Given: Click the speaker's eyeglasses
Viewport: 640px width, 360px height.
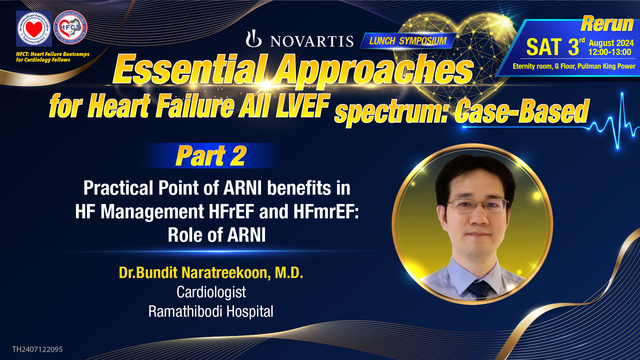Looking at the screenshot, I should click(469, 205).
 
